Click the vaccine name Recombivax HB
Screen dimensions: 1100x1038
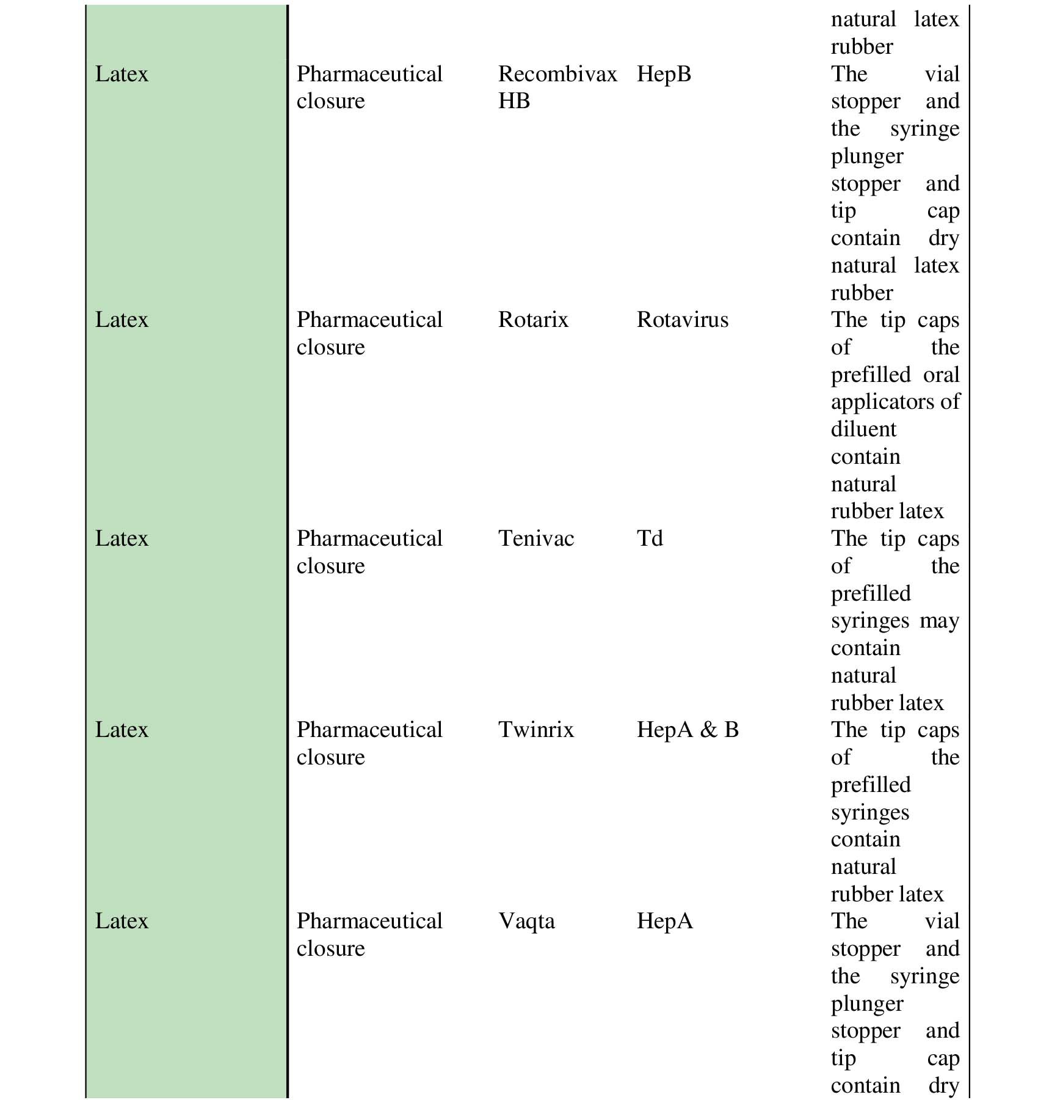[x=557, y=87]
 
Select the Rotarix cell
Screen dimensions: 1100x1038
[x=533, y=320]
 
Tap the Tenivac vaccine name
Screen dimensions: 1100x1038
[x=536, y=538]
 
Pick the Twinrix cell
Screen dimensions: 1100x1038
[x=536, y=730]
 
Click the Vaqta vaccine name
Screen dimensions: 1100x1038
[x=526, y=921]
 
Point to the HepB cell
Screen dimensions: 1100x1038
[x=664, y=74]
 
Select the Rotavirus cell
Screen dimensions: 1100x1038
[x=683, y=320]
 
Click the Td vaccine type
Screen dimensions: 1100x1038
[x=650, y=538]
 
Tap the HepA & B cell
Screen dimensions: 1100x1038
[x=688, y=730]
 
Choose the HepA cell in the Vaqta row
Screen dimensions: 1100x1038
[x=665, y=921]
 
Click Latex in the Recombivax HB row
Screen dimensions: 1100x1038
[x=122, y=74]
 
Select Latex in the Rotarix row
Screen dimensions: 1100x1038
[x=122, y=320]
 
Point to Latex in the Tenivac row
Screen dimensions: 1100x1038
[x=122, y=538]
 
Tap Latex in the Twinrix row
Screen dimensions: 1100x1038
[x=122, y=730]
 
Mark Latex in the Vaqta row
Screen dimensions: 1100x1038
[x=122, y=921]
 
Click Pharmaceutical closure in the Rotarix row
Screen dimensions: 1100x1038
[x=369, y=333]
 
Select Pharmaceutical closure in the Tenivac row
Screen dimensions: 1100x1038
[x=369, y=552]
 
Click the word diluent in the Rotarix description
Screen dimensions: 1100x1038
[x=863, y=429]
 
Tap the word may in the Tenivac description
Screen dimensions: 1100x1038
[x=940, y=621]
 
